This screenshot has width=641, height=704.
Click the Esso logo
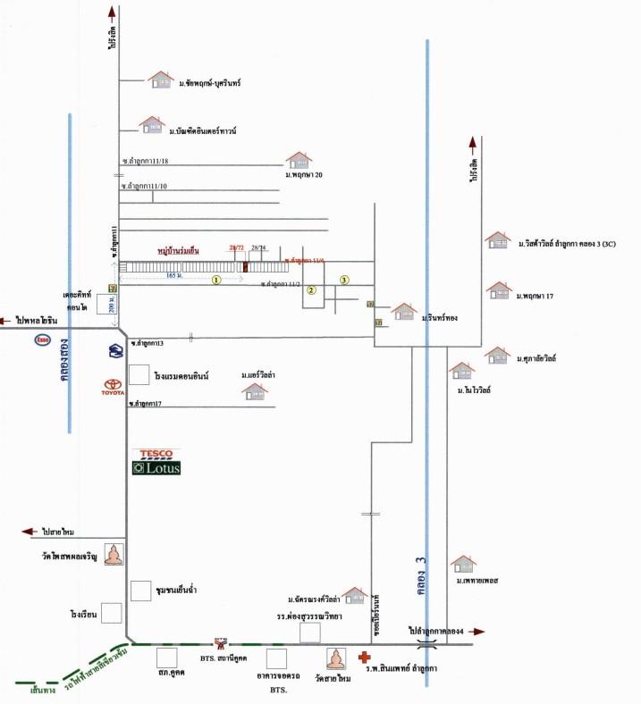pos(42,339)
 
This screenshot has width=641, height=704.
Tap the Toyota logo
pos(114,388)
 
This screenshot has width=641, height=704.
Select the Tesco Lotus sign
pos(156,461)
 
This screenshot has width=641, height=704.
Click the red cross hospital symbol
pos(364,658)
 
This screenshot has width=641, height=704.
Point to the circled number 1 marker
pos(215,280)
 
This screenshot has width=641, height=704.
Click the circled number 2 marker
pos(312,290)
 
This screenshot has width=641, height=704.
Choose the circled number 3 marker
pos(344,281)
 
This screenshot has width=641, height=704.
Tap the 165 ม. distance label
pos(175,276)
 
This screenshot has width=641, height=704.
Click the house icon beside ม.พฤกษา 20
pos(299,160)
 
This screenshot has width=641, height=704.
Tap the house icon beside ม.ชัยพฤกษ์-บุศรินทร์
pos(161,80)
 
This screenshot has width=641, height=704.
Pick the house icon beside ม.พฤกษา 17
pos(498,290)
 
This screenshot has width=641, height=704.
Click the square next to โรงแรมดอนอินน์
pos(139,374)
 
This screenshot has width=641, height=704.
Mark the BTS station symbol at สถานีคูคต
pos(220,643)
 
